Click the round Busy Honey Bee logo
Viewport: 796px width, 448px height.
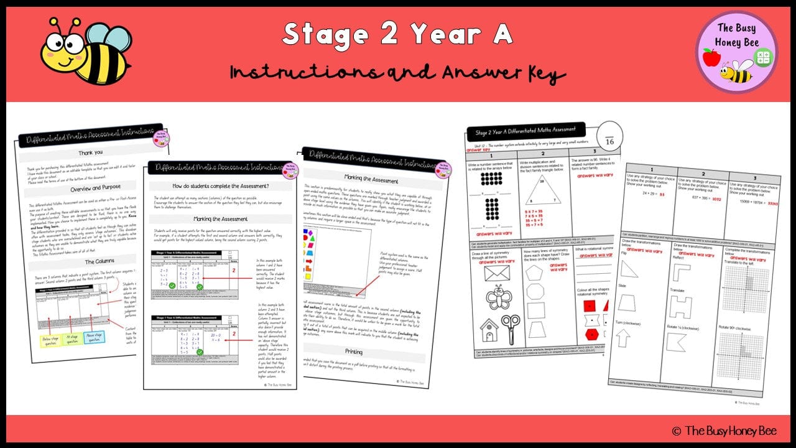click(737, 51)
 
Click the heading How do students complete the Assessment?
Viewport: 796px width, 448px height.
click(220, 186)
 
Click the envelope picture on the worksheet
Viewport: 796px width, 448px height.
click(498, 273)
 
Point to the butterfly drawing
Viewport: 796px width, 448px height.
click(498, 297)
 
